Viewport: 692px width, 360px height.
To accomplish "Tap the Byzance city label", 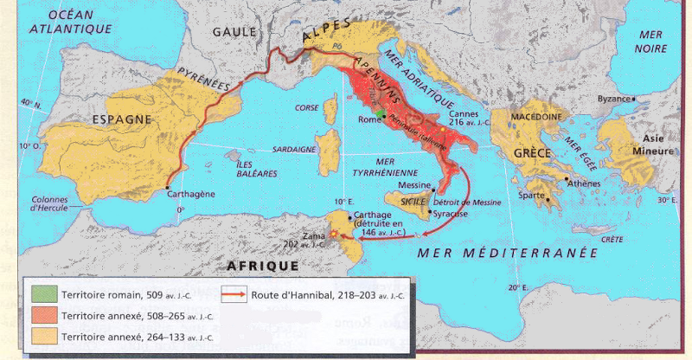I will tap(616, 99).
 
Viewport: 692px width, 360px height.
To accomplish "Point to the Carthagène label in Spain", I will tap(190, 195).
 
